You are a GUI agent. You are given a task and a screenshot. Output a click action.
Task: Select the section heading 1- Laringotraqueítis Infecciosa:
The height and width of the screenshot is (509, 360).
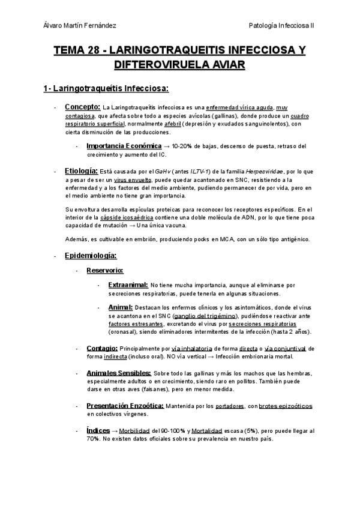click(x=107, y=89)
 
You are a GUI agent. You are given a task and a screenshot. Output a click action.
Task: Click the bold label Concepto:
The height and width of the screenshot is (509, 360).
click(x=82, y=107)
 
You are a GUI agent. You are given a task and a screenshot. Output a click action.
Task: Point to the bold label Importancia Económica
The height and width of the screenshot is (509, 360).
click(x=124, y=146)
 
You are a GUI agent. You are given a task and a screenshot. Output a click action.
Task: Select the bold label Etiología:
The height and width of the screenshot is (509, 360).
click(x=81, y=170)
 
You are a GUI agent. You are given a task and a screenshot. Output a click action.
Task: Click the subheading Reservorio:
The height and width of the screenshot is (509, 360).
click(x=105, y=270)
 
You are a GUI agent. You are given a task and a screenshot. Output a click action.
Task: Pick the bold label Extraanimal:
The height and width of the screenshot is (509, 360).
click(x=128, y=285)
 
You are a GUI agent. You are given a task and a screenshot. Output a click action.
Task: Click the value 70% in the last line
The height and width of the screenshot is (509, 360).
click(x=93, y=439)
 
